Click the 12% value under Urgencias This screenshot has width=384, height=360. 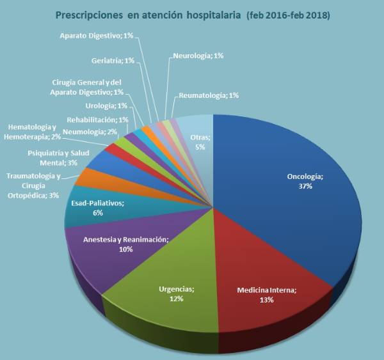[x=177, y=299]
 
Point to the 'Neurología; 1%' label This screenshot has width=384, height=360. [x=198, y=56]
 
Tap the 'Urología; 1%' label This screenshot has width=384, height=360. [x=106, y=106]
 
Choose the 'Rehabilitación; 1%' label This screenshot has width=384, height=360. [x=97, y=119]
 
